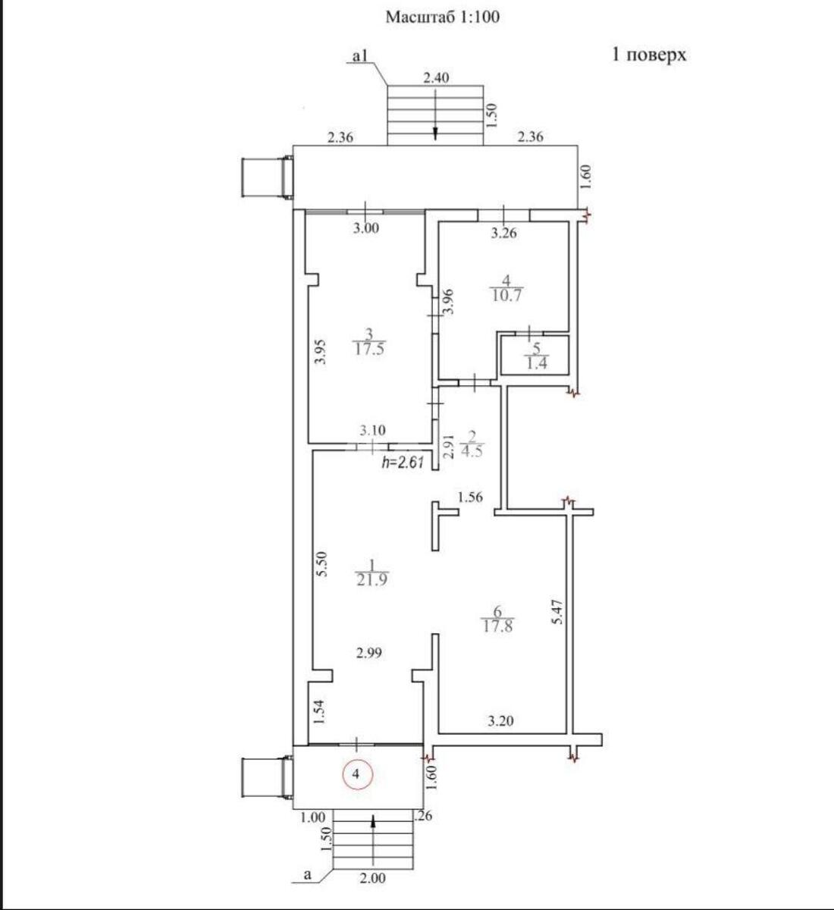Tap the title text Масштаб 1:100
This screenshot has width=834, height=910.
tap(443, 17)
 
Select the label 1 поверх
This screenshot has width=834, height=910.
tap(649, 55)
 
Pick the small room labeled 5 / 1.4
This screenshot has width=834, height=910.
tap(535, 356)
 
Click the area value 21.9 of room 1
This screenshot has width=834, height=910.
tap(372, 579)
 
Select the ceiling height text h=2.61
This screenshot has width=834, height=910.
tap(403, 462)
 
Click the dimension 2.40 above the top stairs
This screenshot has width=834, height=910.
tap(436, 77)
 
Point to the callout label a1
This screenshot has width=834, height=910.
tap(360, 55)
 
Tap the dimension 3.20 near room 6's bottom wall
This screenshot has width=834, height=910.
tap(500, 721)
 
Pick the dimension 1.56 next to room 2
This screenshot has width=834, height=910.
tap(470, 498)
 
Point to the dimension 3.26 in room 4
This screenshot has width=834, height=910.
tap(503, 234)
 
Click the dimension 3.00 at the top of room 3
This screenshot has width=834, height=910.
tap(365, 228)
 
